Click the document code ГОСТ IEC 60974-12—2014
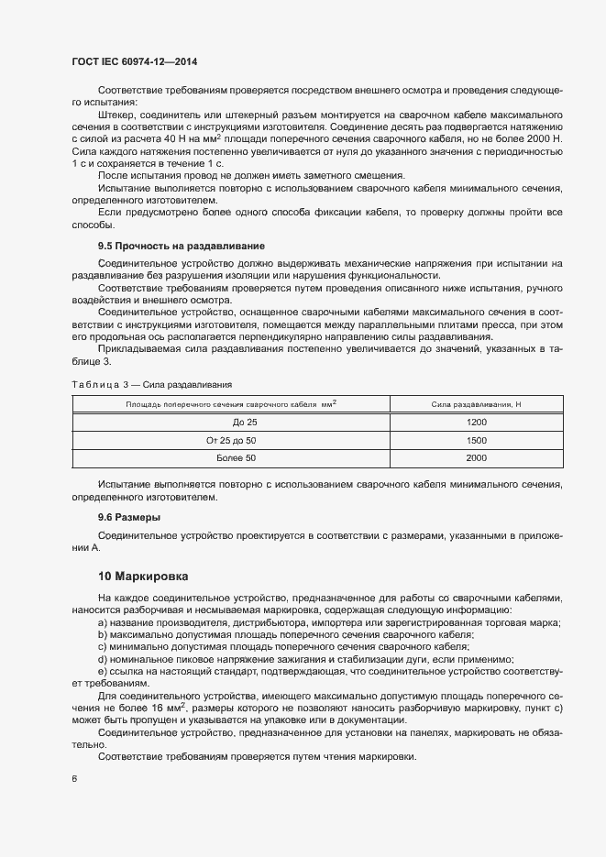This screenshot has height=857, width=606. click(x=135, y=61)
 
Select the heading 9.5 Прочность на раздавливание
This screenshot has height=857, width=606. click(x=182, y=247)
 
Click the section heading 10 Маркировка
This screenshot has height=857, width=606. click(x=143, y=577)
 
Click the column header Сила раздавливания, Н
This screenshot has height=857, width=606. click(x=476, y=404)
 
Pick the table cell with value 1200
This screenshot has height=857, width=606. click(x=476, y=423)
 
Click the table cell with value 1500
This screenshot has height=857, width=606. click(x=476, y=440)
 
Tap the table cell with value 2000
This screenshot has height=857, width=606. click(x=476, y=457)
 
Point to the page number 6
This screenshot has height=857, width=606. click(x=74, y=780)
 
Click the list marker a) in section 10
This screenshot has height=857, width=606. click(x=102, y=623)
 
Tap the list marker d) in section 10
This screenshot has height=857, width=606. click(x=102, y=659)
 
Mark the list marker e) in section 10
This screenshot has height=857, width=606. click(x=102, y=672)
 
